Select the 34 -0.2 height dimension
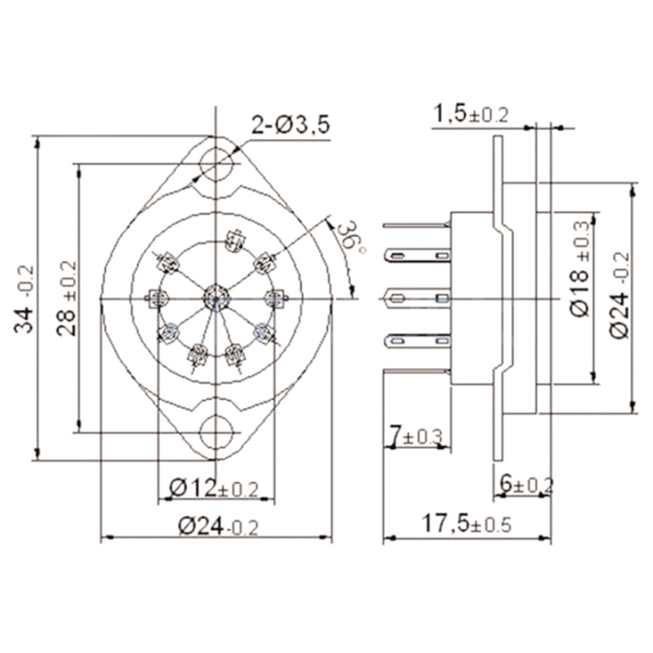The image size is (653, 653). coord(27,298)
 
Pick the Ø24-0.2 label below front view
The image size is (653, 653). coord(218,525)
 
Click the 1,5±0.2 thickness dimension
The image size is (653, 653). coord(471,114)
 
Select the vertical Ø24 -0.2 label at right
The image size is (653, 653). coord(619,295)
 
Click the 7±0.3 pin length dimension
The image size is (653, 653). coord(415,437)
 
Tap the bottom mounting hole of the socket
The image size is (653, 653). coord(216,433)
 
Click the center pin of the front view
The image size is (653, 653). coord(215,296)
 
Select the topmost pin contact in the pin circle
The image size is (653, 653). coord(235,242)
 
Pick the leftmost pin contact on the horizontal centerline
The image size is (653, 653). coord(156,297)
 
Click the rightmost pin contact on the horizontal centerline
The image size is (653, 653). coord(274,297)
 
